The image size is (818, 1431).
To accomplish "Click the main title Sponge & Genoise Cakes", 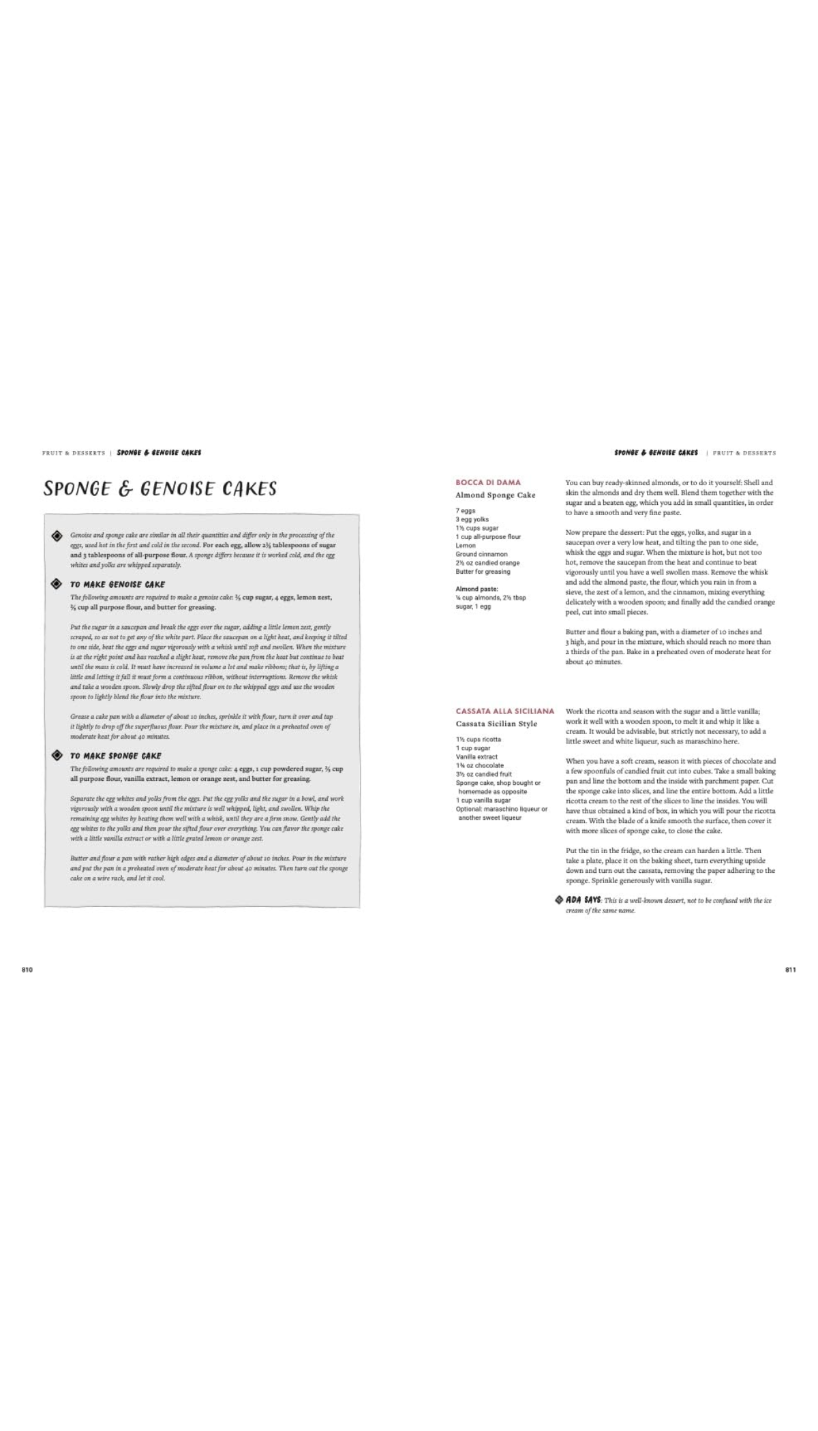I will [x=160, y=489].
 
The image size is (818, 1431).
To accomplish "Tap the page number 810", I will [x=27, y=970].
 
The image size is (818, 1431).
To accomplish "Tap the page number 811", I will [x=790, y=970].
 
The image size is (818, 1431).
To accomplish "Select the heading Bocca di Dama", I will [x=488, y=482].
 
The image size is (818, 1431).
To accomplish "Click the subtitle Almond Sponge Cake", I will [x=496, y=495].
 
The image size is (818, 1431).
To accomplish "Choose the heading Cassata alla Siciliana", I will [x=505, y=711].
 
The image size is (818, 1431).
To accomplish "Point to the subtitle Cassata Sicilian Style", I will [x=496, y=724].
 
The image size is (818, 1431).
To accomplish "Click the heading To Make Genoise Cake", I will [x=117, y=585].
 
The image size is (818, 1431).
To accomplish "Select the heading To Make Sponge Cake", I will [x=116, y=756].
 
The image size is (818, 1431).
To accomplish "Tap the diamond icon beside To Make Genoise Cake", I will [x=57, y=584].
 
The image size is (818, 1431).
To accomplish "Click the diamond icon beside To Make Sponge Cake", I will [x=57, y=755].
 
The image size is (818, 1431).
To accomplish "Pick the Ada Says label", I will [x=583, y=900].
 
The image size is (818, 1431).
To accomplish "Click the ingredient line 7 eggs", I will [x=466, y=510].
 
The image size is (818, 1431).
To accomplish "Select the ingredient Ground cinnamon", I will [x=481, y=554].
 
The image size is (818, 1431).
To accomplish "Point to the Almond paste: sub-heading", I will [x=476, y=589].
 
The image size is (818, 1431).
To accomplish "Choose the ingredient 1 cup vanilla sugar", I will [x=483, y=800].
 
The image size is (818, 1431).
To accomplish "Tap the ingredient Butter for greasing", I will [x=483, y=572].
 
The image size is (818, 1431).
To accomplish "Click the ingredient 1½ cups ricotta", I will [x=479, y=739].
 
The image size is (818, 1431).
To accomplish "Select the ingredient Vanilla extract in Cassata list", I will [x=476, y=756].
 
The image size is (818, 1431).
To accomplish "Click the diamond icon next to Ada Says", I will [x=560, y=900].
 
